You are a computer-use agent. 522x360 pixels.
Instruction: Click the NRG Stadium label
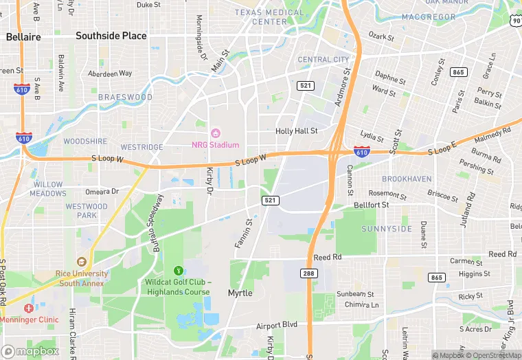215,145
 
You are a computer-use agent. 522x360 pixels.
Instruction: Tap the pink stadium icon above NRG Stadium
215,132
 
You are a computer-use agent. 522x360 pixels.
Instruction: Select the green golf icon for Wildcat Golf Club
179,270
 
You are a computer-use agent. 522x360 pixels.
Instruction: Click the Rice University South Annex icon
82,261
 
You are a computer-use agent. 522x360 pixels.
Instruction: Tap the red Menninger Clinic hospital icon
28,308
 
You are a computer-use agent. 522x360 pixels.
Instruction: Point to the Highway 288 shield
309,273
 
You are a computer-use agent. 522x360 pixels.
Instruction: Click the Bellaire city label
23,37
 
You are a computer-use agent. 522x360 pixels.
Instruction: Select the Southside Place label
111,36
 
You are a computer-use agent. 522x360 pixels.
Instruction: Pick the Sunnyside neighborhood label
387,229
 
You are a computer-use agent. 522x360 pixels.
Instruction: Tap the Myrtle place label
240,293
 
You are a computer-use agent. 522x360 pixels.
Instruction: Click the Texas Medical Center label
269,17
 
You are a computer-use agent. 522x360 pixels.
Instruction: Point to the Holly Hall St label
296,131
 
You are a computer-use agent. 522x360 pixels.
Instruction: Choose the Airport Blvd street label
277,326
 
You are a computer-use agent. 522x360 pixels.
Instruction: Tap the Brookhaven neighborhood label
407,179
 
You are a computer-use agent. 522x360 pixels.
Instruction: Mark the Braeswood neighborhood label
125,98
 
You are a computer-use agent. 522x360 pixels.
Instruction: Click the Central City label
324,60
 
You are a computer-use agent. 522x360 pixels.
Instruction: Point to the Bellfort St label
371,205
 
